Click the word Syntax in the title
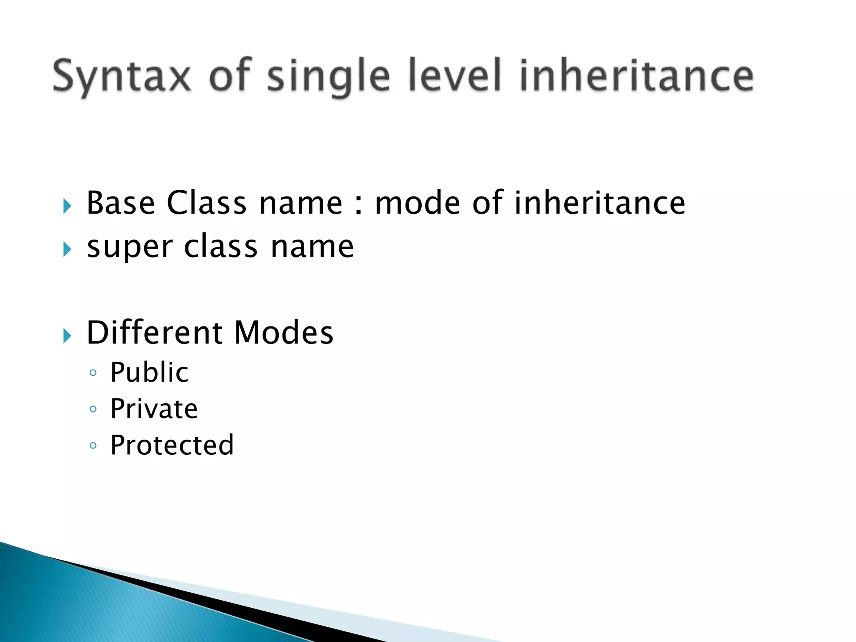122,76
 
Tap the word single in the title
329,76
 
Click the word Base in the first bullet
121,203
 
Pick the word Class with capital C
206,203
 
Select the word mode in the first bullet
418,203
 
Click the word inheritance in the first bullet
599,203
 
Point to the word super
130,247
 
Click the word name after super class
312,247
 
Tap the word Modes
284,333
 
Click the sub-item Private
154,409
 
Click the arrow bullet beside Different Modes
67,336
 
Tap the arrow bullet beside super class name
67,250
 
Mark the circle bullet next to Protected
93,446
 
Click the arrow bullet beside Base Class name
67,206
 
